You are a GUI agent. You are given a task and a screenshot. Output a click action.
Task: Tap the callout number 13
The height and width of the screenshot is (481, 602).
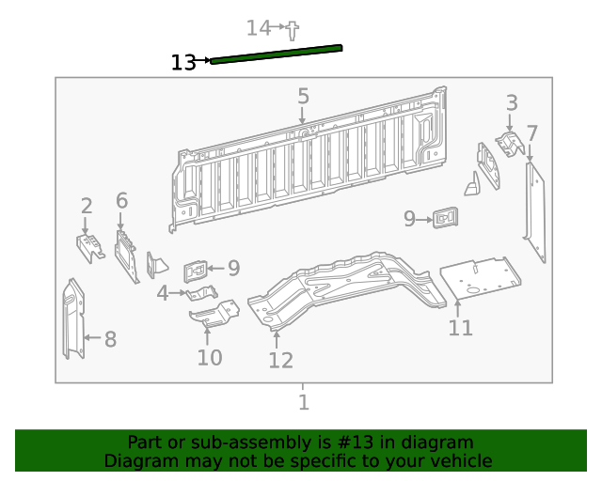click(183, 63)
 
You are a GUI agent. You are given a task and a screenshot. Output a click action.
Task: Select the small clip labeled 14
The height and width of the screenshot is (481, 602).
click(293, 30)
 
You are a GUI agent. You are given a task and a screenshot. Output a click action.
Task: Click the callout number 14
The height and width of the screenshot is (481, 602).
click(258, 28)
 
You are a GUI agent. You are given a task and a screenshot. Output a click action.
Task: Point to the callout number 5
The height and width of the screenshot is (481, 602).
click(303, 96)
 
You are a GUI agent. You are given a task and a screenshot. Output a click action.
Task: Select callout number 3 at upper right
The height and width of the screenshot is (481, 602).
click(512, 102)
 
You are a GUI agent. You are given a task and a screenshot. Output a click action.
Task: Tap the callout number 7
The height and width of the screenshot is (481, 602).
click(531, 132)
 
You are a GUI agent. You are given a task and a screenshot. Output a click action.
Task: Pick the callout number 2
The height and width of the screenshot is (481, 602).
click(87, 206)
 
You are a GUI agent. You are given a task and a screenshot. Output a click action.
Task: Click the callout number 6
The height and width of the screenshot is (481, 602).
click(121, 200)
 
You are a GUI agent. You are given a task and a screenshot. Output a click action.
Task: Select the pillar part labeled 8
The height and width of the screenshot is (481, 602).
click(72, 319)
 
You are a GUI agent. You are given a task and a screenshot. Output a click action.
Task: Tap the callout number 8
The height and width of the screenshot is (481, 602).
click(110, 339)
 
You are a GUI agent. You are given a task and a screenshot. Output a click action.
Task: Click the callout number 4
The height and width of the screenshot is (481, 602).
click(163, 293)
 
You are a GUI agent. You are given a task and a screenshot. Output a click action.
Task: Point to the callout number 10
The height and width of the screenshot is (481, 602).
click(209, 358)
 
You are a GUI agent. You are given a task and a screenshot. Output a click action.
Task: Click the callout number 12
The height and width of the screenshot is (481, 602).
click(280, 360)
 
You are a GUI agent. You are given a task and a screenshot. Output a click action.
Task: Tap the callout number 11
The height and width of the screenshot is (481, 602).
click(460, 328)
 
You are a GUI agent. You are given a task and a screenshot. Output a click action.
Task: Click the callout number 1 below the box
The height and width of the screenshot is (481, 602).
click(303, 403)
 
